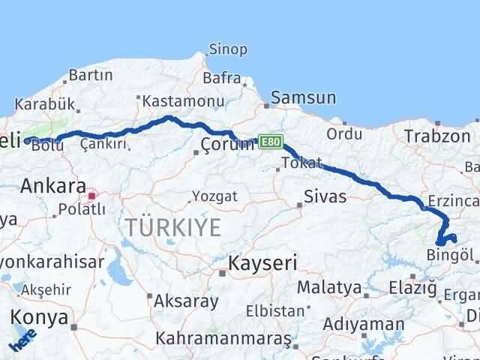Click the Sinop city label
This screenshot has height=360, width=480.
(228, 49)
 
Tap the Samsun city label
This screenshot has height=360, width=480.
(303, 97)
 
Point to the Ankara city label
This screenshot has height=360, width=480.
(52, 185)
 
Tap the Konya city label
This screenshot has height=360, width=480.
(38, 317)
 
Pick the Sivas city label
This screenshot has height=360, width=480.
(325, 197)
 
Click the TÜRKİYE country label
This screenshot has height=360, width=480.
(173, 226)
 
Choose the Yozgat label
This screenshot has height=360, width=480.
(214, 196)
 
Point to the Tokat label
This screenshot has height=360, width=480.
(301, 163)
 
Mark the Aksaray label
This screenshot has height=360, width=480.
(186, 301)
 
